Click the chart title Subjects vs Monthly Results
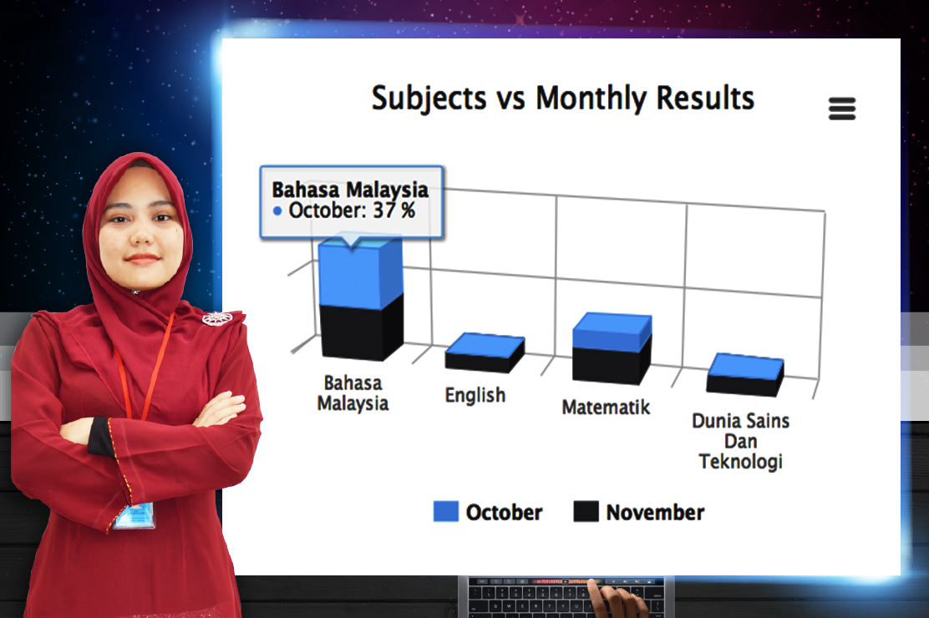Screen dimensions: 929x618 pos(563,99)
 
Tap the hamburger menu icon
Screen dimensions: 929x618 pos(842,109)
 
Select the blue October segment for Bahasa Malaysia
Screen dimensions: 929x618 pos(360,272)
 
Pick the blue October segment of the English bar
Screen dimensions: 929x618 pos(485,344)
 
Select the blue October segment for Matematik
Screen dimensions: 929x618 pos(612,332)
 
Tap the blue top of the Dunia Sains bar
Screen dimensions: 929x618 pos(745,366)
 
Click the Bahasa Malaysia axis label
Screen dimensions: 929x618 pos(353,393)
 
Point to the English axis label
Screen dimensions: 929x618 pos(475,395)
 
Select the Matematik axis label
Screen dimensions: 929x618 pos(606,407)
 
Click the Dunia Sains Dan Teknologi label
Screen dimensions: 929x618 pos(740,441)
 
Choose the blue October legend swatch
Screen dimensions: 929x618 pos(445,511)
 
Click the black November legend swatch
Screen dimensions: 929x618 pos(586,511)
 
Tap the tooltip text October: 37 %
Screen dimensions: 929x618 pos(352,210)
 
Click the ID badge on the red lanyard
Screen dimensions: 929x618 pos(135,515)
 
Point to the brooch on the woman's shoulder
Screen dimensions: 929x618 pos(217,318)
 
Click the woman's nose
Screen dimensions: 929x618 pos(141,234)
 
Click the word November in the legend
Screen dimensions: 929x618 pos(655,512)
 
